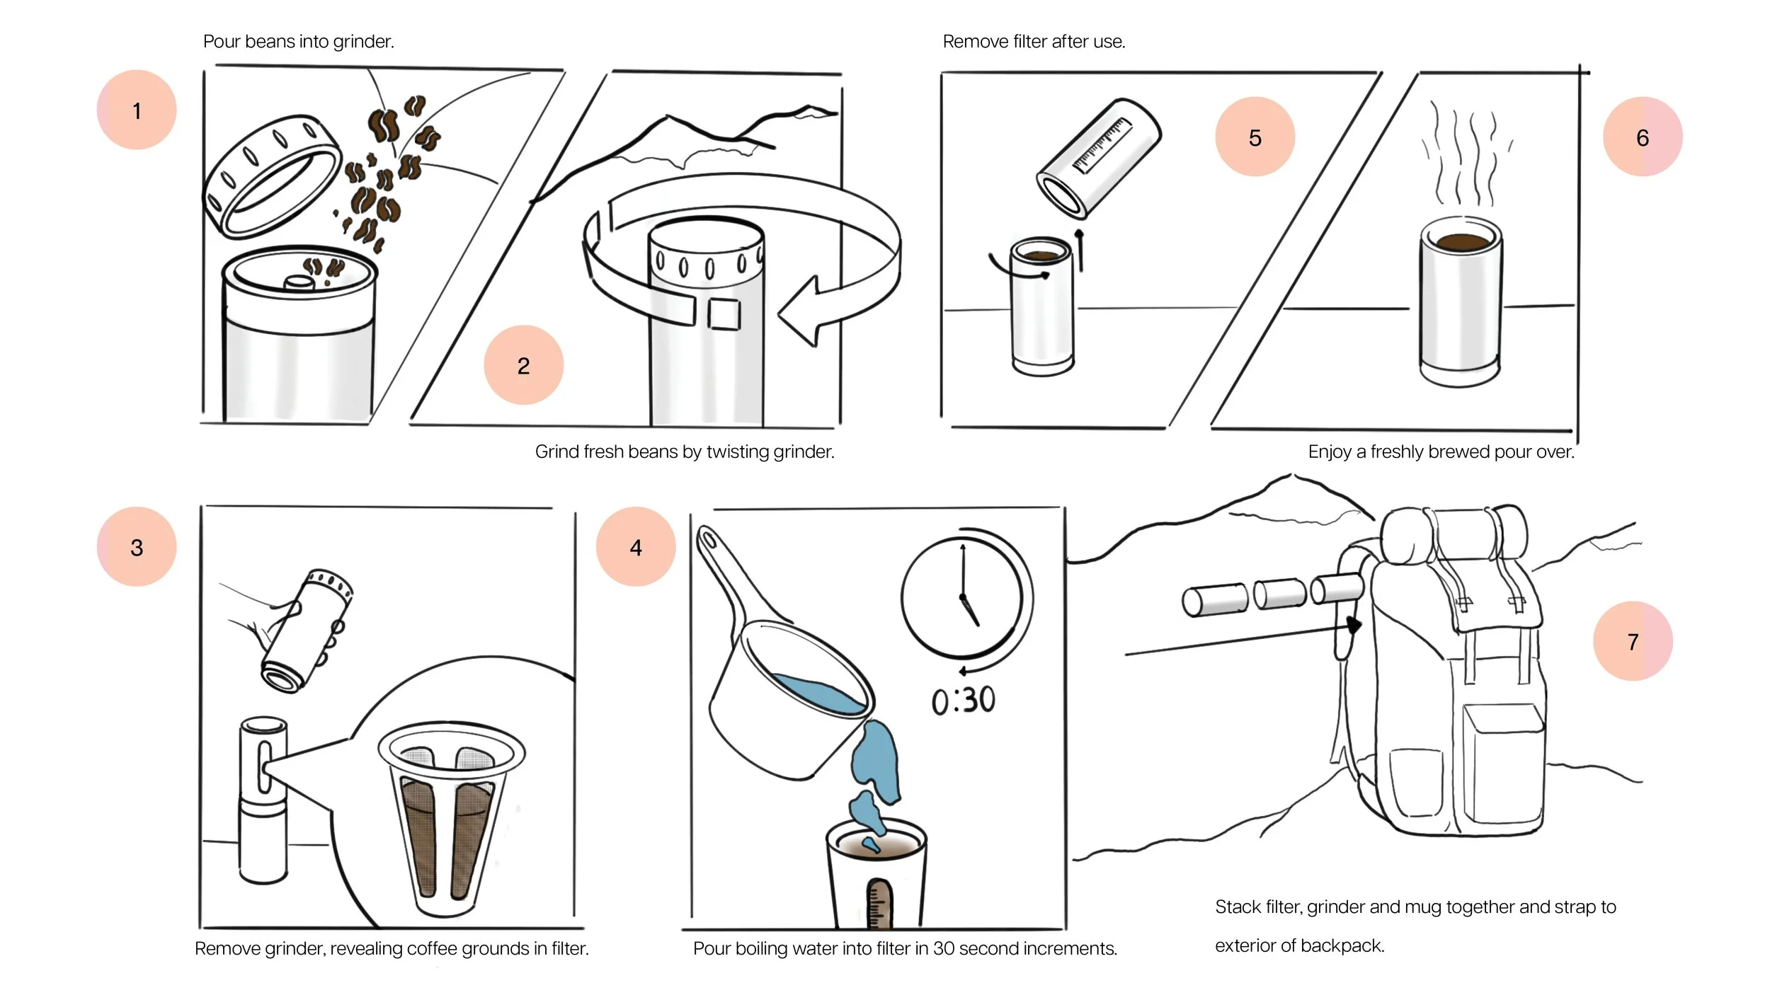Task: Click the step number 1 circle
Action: [x=137, y=110]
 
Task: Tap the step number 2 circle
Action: [x=523, y=365]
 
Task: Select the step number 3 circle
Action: [x=137, y=546]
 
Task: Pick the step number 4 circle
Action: [x=635, y=546]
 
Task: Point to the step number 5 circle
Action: [x=1255, y=137]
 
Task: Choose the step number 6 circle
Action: [x=1642, y=137]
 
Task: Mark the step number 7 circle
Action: [x=1632, y=641]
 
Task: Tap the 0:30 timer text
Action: [x=963, y=701]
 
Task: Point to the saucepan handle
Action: [x=722, y=566]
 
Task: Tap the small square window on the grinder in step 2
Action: [x=724, y=314]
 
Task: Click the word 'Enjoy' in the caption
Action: [x=1329, y=452]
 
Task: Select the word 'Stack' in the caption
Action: [x=1236, y=907]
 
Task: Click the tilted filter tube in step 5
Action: [x=1099, y=157]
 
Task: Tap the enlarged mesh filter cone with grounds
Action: [x=450, y=814]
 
